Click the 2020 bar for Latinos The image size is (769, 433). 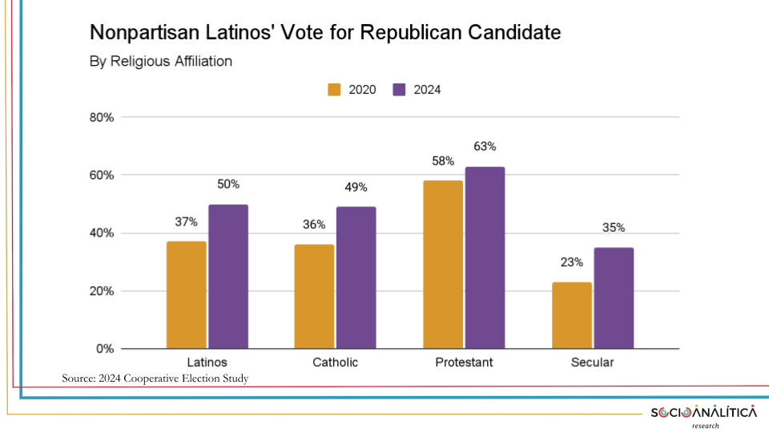point(187,295)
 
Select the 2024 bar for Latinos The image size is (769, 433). point(228,277)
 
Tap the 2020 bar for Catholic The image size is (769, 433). point(314,297)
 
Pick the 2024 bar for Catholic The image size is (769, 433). point(356,277)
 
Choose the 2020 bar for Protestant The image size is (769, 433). point(443,265)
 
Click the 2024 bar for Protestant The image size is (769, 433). point(485,257)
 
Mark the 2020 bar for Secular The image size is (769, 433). point(572,315)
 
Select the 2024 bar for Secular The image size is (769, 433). point(614,298)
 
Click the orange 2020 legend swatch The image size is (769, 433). point(335,90)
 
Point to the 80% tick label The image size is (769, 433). point(102,117)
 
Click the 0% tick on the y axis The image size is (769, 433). point(105,349)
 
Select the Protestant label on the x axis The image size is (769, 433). point(464,362)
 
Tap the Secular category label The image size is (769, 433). point(592,362)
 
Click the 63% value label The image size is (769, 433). point(485,147)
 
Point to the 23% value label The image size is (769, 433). point(572,262)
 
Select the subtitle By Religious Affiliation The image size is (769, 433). point(160,61)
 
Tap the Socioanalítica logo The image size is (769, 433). point(703,413)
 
